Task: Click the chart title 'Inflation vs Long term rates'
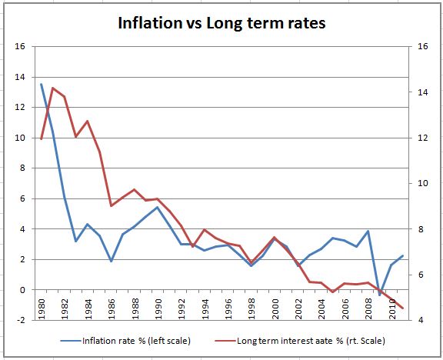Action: (221, 23)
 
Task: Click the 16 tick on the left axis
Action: (19, 47)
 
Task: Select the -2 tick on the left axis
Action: (19, 320)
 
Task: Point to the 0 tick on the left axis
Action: (22, 290)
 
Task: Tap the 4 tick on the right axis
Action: (420, 320)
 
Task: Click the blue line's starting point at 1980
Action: (41, 85)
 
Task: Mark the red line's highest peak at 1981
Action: (52, 88)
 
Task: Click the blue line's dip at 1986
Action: (111, 262)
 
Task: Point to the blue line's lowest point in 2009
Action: (380, 295)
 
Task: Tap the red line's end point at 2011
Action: (403, 308)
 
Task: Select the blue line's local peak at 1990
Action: (158, 207)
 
